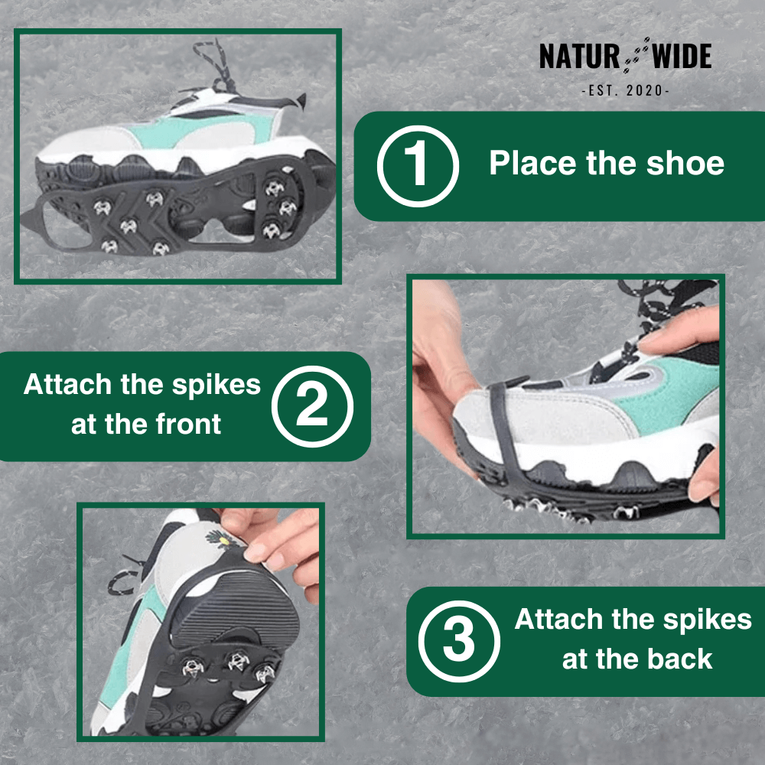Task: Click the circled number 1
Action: tap(418, 166)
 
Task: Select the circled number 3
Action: tap(459, 641)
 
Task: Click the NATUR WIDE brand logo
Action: tap(625, 57)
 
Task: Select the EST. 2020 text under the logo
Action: tap(625, 90)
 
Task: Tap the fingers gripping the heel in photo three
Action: tap(275, 539)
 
